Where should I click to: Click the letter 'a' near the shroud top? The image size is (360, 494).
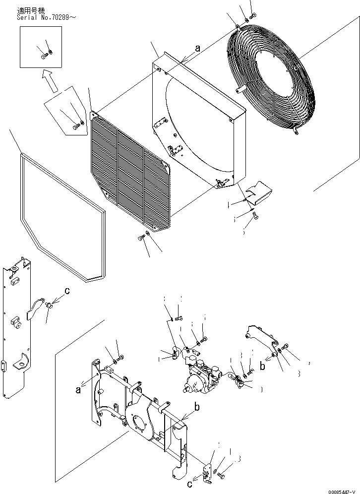click(197, 49)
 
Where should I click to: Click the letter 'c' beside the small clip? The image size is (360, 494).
click(67, 291)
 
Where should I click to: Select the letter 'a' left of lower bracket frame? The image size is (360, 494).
click(78, 390)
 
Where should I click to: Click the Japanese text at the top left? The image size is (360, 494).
click(30, 9)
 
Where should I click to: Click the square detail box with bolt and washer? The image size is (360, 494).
click(41, 47)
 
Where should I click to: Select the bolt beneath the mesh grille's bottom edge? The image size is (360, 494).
click(142, 239)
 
